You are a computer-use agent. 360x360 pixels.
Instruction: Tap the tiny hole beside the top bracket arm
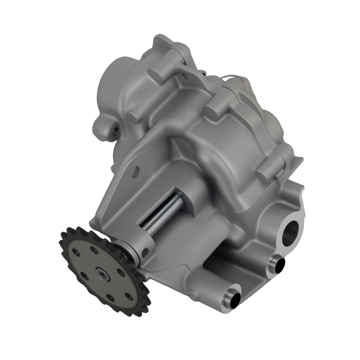[x=185, y=76]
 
